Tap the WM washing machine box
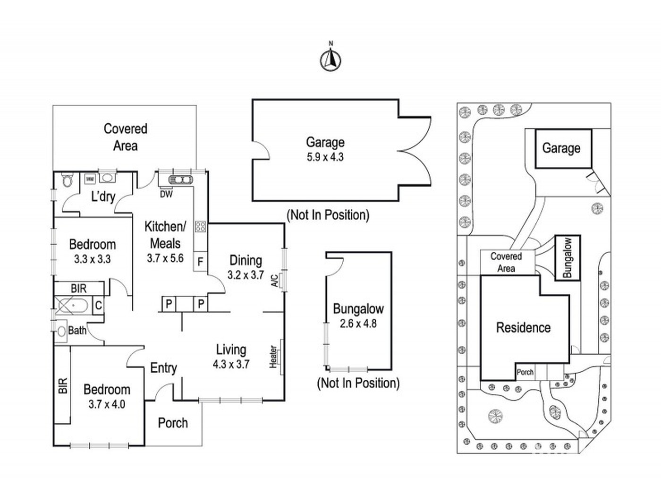coord(89,180)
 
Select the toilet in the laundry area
coord(66,180)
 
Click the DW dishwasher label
coord(166,195)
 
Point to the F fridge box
coord(200,261)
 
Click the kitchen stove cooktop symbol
coord(200,226)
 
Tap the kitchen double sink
coord(180,180)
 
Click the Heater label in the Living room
coord(273,357)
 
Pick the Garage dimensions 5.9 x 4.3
coord(325,157)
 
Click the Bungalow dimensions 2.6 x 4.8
coord(358,324)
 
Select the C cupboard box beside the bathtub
coord(98,306)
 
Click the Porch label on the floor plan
coord(172,423)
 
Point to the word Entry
coord(163,368)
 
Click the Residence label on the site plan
coord(524,328)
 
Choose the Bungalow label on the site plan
coord(568,258)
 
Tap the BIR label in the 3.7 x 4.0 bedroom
coord(63,386)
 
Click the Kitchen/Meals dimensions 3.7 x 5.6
coord(165,258)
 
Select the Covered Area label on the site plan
coord(506,262)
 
